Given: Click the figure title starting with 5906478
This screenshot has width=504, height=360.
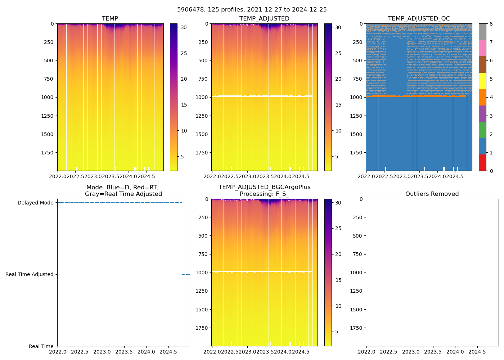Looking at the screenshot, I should (x=252, y=10).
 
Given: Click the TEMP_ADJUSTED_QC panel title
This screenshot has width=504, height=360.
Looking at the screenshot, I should (x=419, y=19).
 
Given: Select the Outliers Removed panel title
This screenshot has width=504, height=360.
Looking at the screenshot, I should (x=432, y=194).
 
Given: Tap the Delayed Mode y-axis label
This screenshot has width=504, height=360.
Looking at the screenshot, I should (x=35, y=203).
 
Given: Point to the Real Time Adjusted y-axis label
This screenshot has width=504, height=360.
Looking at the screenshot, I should (x=30, y=274).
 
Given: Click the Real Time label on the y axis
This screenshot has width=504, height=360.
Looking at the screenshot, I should (x=41, y=346).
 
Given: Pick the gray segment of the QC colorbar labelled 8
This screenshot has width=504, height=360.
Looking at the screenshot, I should (x=482, y=32).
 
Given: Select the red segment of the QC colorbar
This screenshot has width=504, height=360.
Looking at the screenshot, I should (x=482, y=163).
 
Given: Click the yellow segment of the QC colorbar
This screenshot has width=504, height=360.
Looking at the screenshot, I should (x=482, y=81).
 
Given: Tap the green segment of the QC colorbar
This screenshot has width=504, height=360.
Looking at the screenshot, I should (x=482, y=130).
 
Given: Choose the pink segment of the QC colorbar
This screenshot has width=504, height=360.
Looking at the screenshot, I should (x=482, y=48).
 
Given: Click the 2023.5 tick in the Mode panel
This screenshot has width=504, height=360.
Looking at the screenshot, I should (x=124, y=351).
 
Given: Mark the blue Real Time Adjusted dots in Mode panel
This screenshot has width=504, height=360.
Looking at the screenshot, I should (x=185, y=274).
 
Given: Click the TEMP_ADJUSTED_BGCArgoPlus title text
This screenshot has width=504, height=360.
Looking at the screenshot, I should (x=264, y=187).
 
